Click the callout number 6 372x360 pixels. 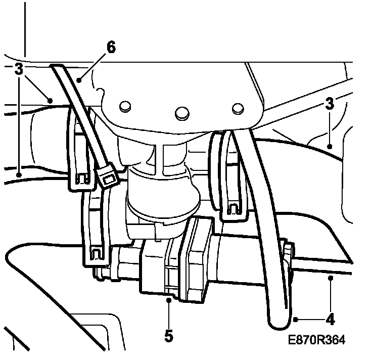pyautogui.click(x=111, y=47)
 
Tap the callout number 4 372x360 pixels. pyautogui.click(x=330, y=320)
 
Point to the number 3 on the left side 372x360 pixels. pyautogui.click(x=19, y=70)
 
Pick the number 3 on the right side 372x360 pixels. pyautogui.click(x=330, y=105)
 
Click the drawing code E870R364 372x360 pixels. pyautogui.click(x=317, y=341)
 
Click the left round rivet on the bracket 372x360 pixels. pyautogui.click(x=125, y=106)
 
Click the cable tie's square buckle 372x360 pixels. pyautogui.click(x=108, y=177)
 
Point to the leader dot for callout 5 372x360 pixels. pyautogui.click(x=168, y=300)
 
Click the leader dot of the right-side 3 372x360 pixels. pyautogui.click(x=329, y=146)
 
